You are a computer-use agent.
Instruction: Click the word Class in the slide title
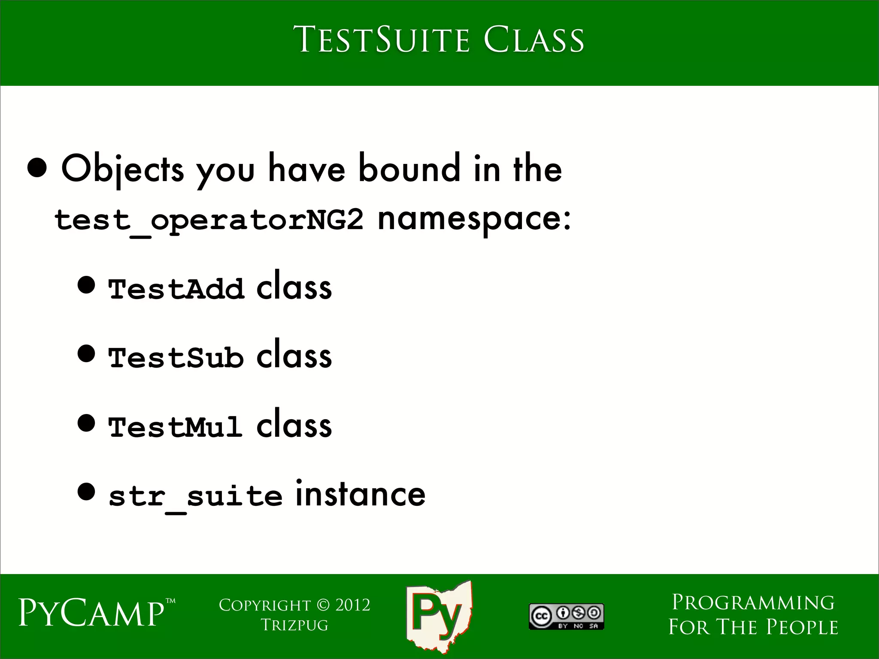tap(533, 40)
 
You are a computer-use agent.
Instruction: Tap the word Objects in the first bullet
tap(123, 170)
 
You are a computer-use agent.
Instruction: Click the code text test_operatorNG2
tap(209, 221)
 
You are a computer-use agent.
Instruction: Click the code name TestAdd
tap(176, 289)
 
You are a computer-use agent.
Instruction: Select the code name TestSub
tap(176, 357)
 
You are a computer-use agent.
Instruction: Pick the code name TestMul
tap(175, 427)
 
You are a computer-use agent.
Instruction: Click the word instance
tap(360, 494)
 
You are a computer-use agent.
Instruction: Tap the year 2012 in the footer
tap(352, 605)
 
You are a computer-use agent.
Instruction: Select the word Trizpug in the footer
tap(294, 625)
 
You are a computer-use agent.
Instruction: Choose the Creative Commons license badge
tap(566, 617)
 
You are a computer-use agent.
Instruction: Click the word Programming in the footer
tap(753, 603)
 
